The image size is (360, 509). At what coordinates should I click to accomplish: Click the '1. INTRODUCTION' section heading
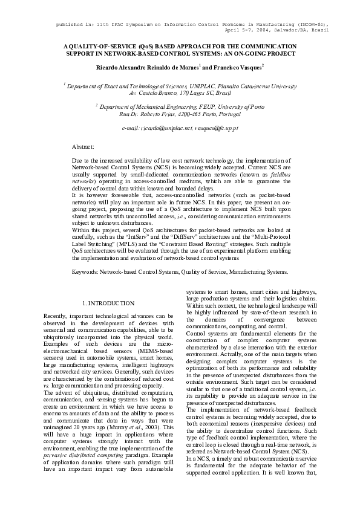click(108, 303)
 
